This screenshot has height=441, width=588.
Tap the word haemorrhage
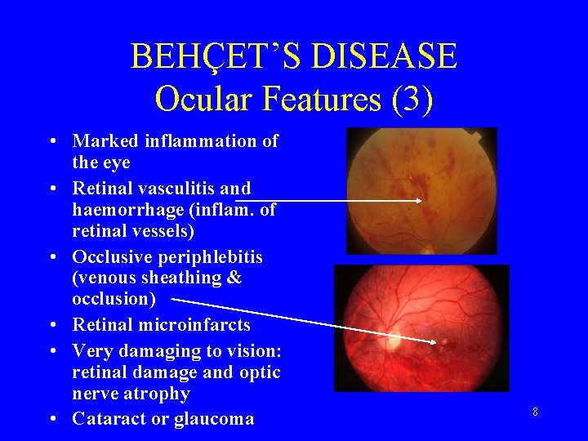tap(120, 210)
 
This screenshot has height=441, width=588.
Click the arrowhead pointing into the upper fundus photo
tap(418, 200)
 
